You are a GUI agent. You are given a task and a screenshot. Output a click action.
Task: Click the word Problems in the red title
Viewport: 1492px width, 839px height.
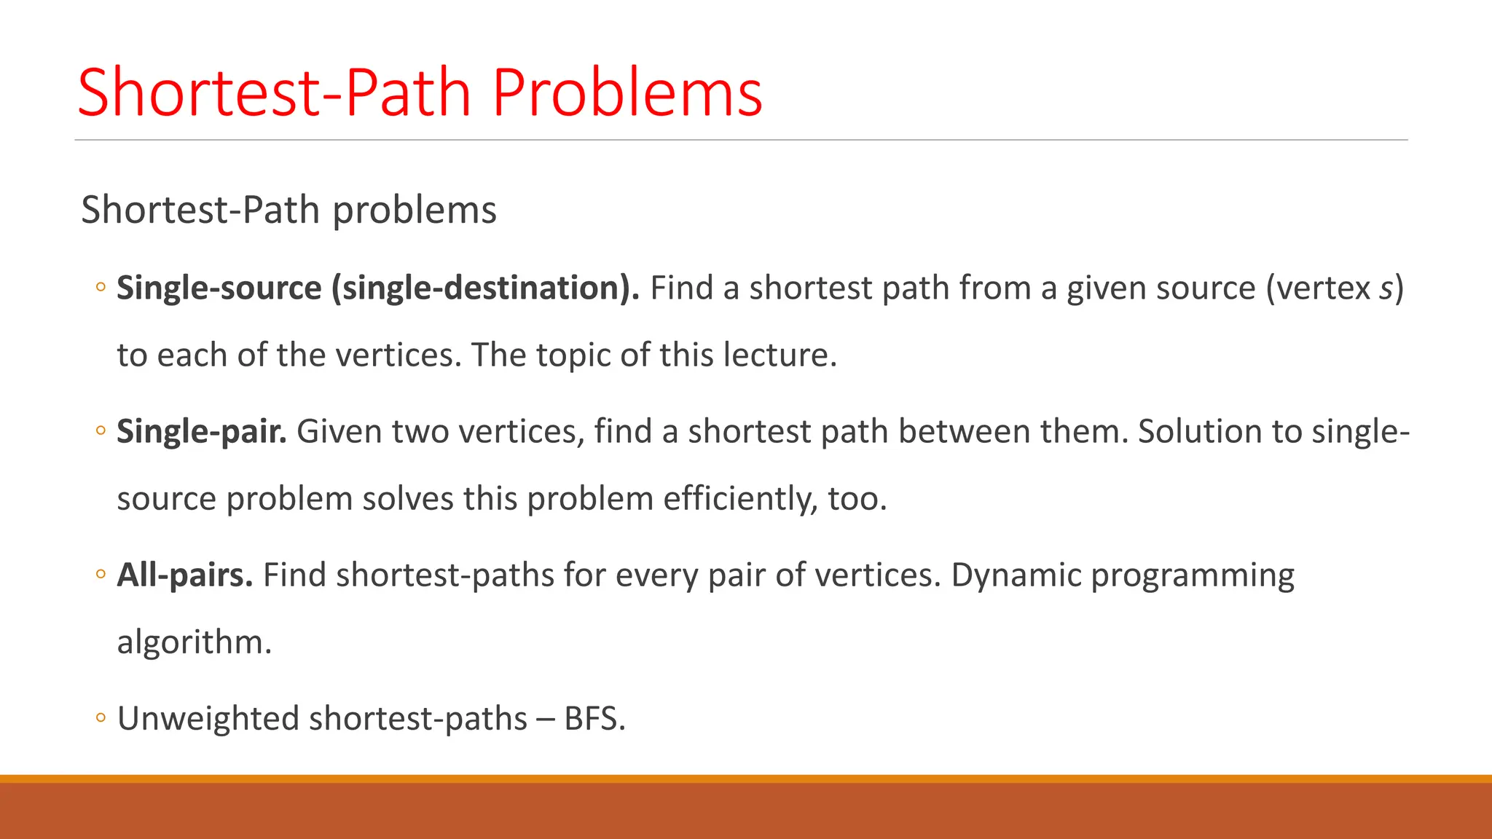click(627, 93)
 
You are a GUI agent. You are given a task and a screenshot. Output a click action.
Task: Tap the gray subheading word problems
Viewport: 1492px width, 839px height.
click(415, 211)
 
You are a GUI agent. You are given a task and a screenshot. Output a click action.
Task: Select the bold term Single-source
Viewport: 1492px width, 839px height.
click(219, 288)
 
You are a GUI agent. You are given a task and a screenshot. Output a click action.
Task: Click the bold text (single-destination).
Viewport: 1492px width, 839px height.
click(485, 288)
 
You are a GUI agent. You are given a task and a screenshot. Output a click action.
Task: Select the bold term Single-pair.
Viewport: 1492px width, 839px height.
click(201, 432)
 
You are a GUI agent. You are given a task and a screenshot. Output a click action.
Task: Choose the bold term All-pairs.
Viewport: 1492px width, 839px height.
click(184, 575)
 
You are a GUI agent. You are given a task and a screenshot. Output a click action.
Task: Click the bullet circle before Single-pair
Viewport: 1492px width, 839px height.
click(101, 431)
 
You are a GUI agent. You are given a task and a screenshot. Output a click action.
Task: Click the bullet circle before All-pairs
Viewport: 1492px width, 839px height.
click(101, 575)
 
